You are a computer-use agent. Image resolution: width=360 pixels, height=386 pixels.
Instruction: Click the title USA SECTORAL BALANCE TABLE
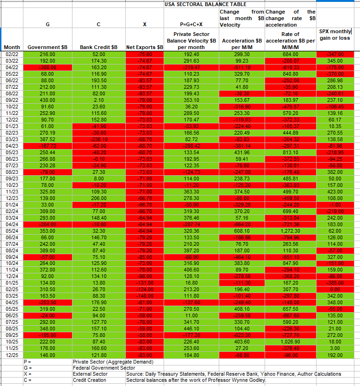(198, 4)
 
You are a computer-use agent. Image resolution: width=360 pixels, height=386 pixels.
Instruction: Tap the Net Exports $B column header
(144, 48)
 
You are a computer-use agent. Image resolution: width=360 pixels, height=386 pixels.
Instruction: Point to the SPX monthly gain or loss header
(335, 35)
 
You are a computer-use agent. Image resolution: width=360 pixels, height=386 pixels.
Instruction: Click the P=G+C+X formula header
(191, 24)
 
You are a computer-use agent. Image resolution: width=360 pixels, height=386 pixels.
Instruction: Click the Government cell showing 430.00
(47, 100)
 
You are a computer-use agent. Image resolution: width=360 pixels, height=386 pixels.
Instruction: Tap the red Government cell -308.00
(47, 67)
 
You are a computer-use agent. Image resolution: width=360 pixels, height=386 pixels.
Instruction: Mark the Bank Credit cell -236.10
(99, 139)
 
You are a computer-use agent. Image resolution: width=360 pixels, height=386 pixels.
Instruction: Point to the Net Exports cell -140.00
(145, 295)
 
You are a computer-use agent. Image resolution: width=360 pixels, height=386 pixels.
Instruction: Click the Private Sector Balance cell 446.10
(191, 329)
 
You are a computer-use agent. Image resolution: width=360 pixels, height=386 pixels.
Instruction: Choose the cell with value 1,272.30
(290, 230)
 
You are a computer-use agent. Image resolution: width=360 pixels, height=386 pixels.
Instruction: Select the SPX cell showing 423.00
(335, 191)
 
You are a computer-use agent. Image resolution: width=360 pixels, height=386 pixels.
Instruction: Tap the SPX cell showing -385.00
(335, 283)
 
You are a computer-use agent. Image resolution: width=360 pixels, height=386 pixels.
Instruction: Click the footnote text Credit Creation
(89, 380)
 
